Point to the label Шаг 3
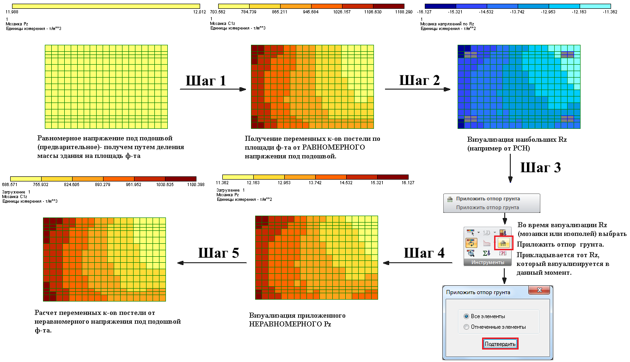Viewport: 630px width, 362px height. click(x=540, y=167)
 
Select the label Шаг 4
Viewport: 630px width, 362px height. click(x=424, y=253)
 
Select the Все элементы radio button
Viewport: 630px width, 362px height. click(x=466, y=316)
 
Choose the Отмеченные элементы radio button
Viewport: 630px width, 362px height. click(x=466, y=327)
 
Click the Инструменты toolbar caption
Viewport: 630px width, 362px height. click(x=488, y=262)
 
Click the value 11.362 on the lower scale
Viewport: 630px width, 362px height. click(x=223, y=183)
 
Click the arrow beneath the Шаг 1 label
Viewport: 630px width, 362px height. click(x=213, y=89)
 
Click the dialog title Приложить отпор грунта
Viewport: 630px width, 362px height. click(x=478, y=292)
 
